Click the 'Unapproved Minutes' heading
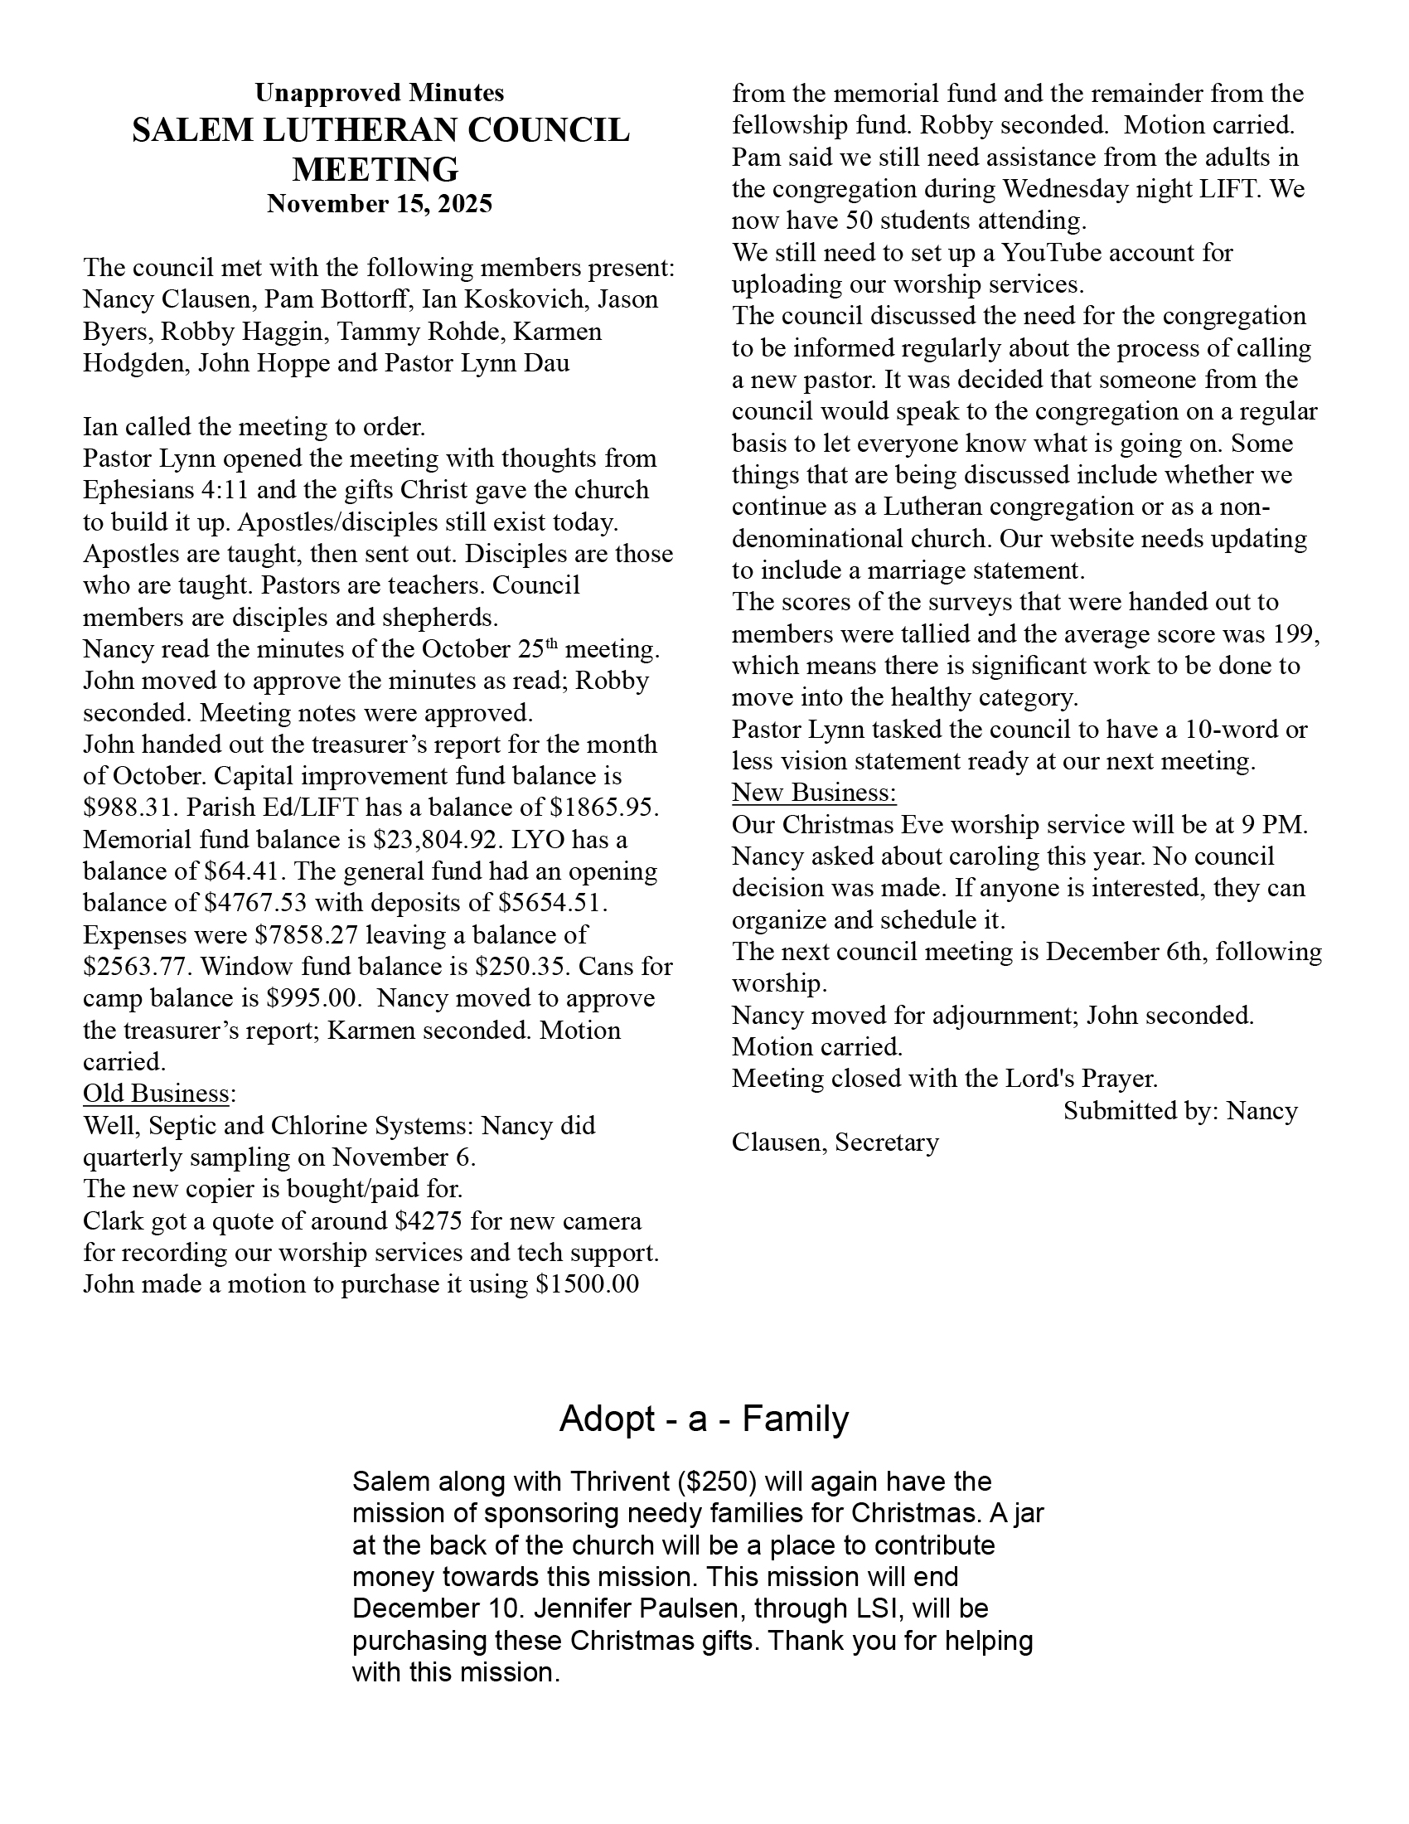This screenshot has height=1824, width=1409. pyautogui.click(x=379, y=92)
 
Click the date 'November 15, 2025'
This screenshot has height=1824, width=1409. pyautogui.click(x=379, y=204)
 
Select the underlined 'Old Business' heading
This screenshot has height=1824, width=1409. pyautogui.click(x=156, y=1094)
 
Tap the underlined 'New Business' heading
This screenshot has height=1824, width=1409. pyautogui.click(x=814, y=793)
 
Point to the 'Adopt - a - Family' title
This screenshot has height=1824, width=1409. pyautogui.click(x=704, y=1418)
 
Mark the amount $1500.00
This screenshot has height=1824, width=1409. pyautogui.click(x=587, y=1283)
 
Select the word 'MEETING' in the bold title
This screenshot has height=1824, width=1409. pyautogui.click(x=375, y=168)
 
